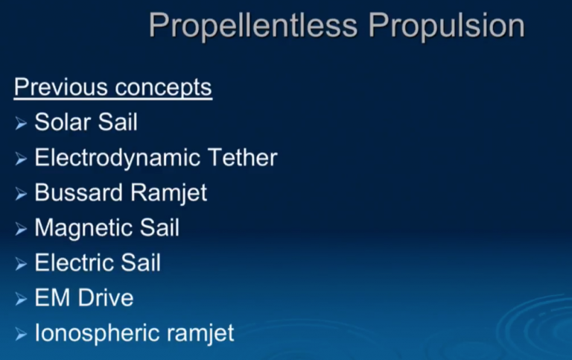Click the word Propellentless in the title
[x=253, y=26]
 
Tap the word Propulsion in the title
[x=447, y=26]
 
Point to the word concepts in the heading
[x=163, y=88]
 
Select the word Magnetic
[x=80, y=228]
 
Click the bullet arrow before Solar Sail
[x=21, y=123]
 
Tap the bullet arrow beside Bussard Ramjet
[x=21, y=194]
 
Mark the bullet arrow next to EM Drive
[x=21, y=299]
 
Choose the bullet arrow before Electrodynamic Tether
[x=21, y=158]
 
